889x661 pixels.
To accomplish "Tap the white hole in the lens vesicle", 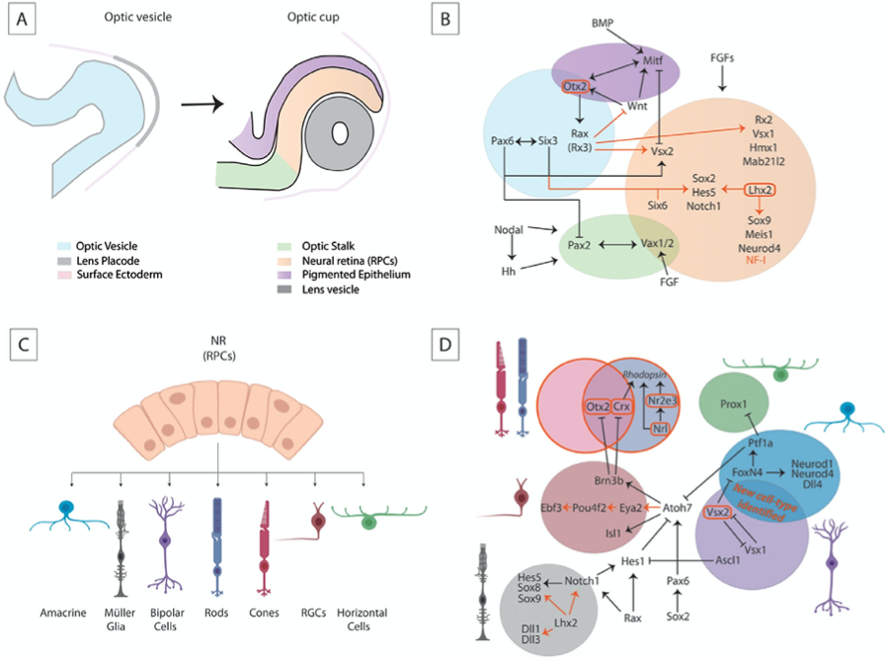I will (x=342, y=133).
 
